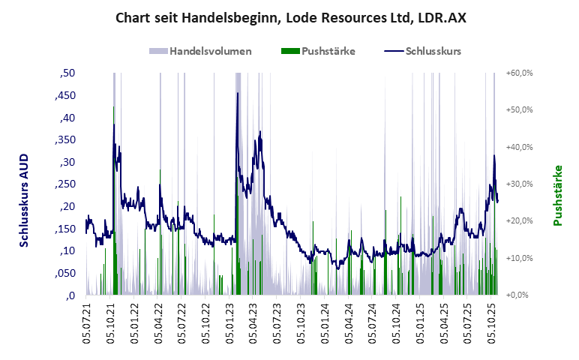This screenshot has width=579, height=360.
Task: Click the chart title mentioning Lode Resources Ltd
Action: [290, 17]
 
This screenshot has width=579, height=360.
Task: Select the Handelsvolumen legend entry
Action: [200, 52]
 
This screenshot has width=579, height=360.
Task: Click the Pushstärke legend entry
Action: [318, 52]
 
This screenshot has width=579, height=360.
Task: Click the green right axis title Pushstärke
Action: [557, 196]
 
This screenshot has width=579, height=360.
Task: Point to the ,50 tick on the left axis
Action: [67, 73]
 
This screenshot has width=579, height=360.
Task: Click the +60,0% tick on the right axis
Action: [519, 73]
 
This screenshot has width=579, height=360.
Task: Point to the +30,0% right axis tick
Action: [519, 184]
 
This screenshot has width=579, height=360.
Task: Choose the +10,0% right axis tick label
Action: [519, 258]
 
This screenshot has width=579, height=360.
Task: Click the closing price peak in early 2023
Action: [238, 93]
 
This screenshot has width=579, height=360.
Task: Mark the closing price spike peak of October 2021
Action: [114, 106]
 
